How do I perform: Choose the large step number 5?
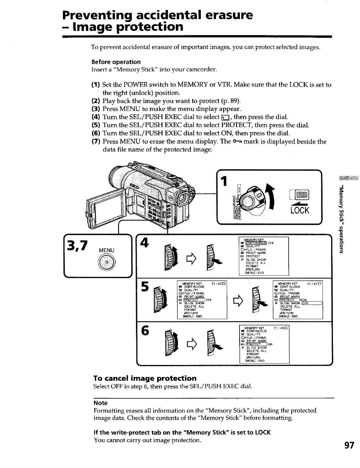[145, 287]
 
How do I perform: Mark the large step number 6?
[145, 330]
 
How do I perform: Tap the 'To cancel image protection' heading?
[145, 378]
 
